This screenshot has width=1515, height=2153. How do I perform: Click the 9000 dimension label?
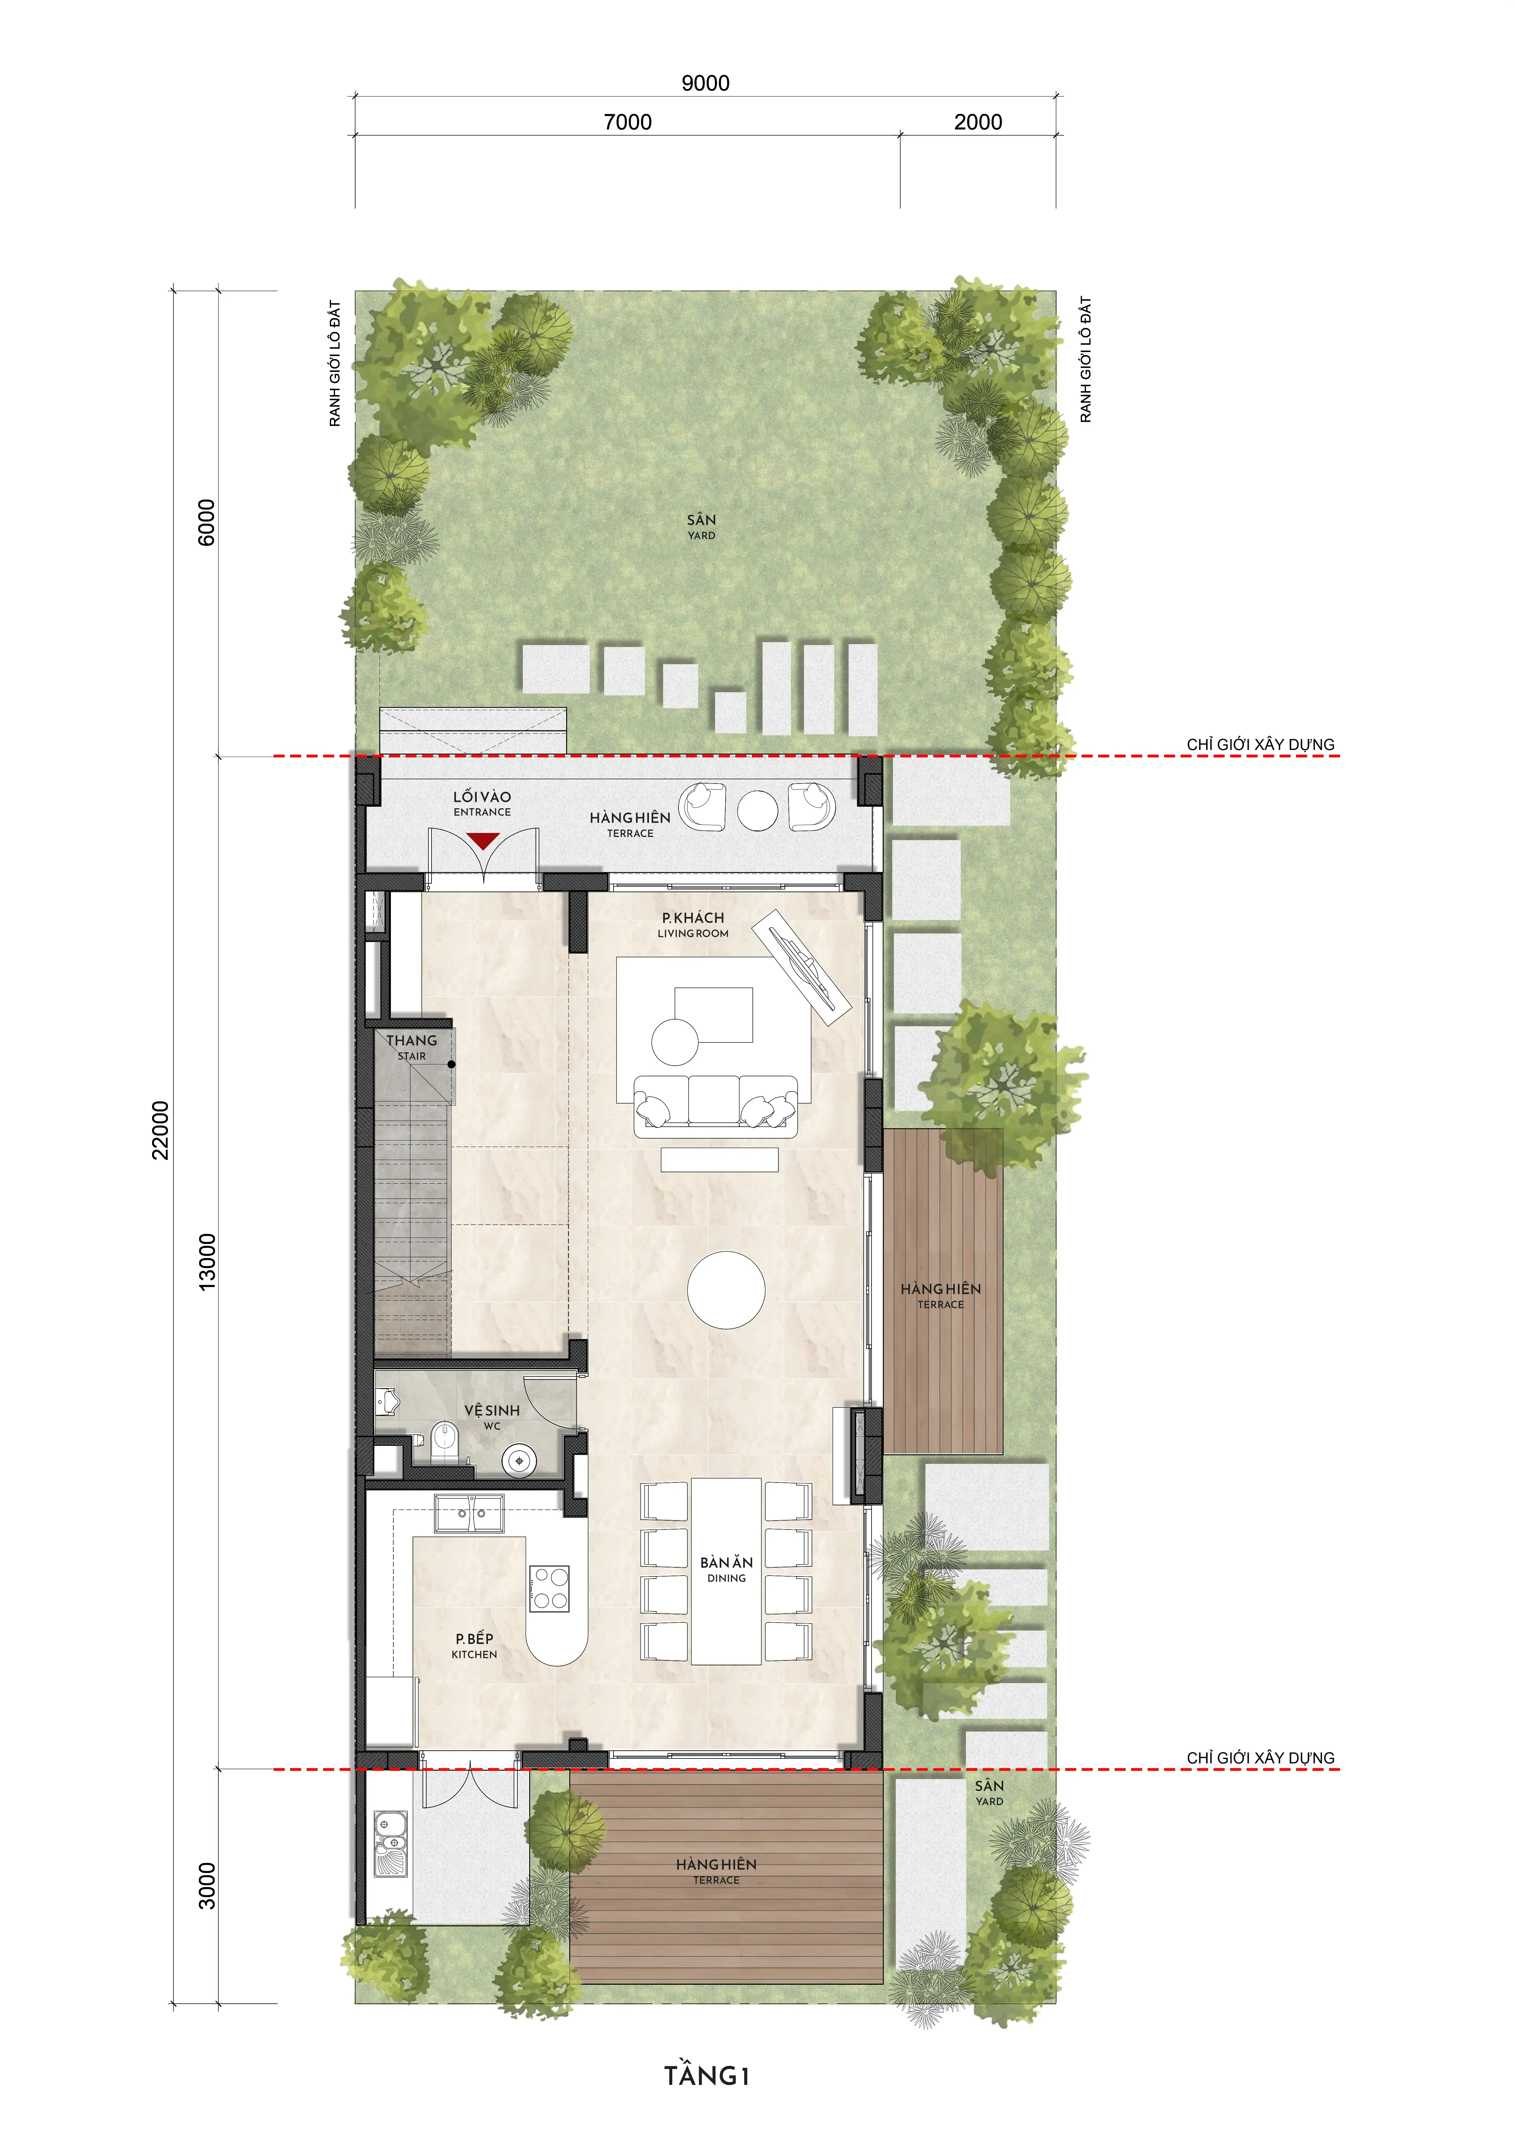[705, 82]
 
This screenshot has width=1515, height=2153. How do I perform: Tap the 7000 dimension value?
[628, 122]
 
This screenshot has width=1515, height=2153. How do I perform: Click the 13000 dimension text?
[207, 1261]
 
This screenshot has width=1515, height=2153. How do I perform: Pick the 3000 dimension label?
[207, 1885]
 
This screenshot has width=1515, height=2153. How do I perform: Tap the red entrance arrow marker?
[482, 840]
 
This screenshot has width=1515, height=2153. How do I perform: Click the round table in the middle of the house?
[726, 1289]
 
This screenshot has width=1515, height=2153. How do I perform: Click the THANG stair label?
[412, 1041]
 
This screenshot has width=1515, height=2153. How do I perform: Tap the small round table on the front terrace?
[757, 810]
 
